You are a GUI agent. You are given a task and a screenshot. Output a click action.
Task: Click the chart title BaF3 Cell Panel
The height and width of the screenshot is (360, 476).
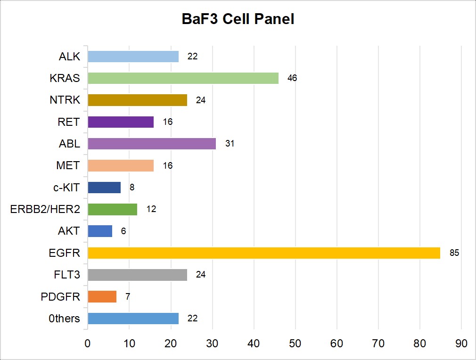(238, 19)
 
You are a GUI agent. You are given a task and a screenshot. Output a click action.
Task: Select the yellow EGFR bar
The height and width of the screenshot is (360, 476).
(264, 253)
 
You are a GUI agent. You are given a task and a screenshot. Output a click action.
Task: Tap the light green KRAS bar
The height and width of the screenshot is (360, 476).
(183, 78)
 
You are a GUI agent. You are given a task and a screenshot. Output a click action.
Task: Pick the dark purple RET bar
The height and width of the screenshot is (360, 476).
(121, 122)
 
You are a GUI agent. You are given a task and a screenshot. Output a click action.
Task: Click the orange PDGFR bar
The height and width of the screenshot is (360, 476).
(102, 297)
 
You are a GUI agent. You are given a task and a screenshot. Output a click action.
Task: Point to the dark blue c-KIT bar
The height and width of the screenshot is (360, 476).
(104, 188)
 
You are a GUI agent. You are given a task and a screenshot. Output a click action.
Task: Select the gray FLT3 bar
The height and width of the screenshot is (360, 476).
(137, 275)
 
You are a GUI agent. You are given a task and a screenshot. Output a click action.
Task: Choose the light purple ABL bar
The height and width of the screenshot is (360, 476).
(152, 144)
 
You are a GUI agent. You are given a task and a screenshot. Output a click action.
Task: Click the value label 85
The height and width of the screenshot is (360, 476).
(454, 253)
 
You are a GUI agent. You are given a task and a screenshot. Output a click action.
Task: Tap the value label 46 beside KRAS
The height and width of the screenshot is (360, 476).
(292, 78)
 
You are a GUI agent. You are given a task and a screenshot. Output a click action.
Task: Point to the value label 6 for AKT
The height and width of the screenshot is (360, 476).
(123, 231)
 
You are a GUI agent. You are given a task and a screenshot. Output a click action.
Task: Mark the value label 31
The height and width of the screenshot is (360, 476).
(230, 144)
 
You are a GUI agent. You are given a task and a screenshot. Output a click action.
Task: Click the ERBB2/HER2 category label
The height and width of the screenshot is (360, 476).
(45, 209)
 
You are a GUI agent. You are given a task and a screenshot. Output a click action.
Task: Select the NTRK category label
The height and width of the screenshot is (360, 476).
(65, 100)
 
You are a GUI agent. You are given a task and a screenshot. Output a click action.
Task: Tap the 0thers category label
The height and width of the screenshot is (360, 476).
(65, 319)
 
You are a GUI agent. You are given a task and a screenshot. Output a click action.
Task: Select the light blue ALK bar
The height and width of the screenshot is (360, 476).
(133, 57)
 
